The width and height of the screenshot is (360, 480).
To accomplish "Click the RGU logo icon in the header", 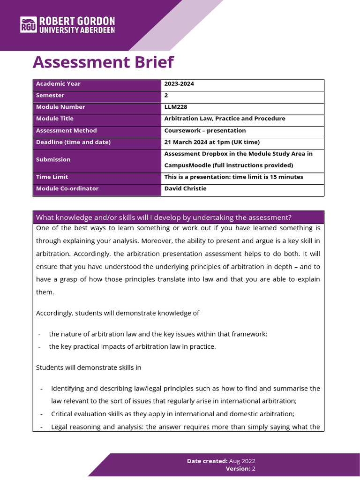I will (x=28, y=25).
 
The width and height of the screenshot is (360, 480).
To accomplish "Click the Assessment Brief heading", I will (x=103, y=62).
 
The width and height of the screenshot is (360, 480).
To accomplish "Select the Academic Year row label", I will (x=58, y=84).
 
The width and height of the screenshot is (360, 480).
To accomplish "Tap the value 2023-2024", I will (x=179, y=84).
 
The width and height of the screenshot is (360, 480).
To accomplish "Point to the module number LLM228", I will (x=175, y=107).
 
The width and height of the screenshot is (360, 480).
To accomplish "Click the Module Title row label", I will (x=55, y=119).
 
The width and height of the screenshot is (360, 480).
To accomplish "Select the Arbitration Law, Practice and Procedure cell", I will (x=225, y=119).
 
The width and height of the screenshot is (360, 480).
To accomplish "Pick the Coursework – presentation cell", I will (x=205, y=130).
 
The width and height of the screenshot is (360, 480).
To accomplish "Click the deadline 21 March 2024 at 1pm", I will (x=212, y=142).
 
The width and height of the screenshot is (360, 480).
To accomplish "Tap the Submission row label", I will (x=53, y=159).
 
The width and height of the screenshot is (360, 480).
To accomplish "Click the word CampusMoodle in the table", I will (x=186, y=165).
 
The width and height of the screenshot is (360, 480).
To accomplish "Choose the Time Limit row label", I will (x=52, y=177).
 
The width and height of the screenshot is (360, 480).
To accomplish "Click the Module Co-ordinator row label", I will (x=67, y=188).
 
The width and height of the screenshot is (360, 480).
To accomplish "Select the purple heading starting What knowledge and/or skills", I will (x=164, y=217).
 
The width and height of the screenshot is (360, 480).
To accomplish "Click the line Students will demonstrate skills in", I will (x=89, y=367).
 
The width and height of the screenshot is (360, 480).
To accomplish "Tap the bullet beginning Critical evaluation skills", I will (x=172, y=414).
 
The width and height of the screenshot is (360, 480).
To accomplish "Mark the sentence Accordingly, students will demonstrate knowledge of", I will (x=118, y=313).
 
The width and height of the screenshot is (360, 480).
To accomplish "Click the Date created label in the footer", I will (x=207, y=461).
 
